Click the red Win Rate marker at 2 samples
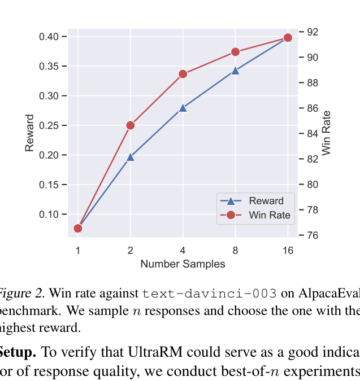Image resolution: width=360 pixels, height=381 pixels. tap(131, 125)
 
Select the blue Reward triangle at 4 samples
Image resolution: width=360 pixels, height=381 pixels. tap(183, 108)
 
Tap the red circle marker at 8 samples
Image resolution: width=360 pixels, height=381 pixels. tap(235, 52)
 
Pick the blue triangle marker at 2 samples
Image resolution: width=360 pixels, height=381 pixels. tap(131, 157)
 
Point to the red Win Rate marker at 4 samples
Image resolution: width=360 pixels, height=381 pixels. tap(183, 74)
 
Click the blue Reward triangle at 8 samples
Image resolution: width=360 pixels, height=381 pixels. tap(235, 71)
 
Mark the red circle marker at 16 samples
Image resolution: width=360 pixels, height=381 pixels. tap(288, 37)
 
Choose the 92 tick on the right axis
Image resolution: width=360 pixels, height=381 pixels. tap(313, 32)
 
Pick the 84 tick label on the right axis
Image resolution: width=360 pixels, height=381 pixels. tap(313, 134)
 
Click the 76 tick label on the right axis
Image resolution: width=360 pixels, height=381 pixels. tap(313, 235)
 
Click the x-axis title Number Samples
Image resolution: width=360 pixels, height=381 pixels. tap(183, 264)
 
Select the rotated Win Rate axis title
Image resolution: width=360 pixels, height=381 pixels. tap(327, 133)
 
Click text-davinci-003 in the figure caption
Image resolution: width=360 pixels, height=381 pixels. tap(210, 294)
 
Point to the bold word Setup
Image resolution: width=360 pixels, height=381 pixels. tap(17, 353)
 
